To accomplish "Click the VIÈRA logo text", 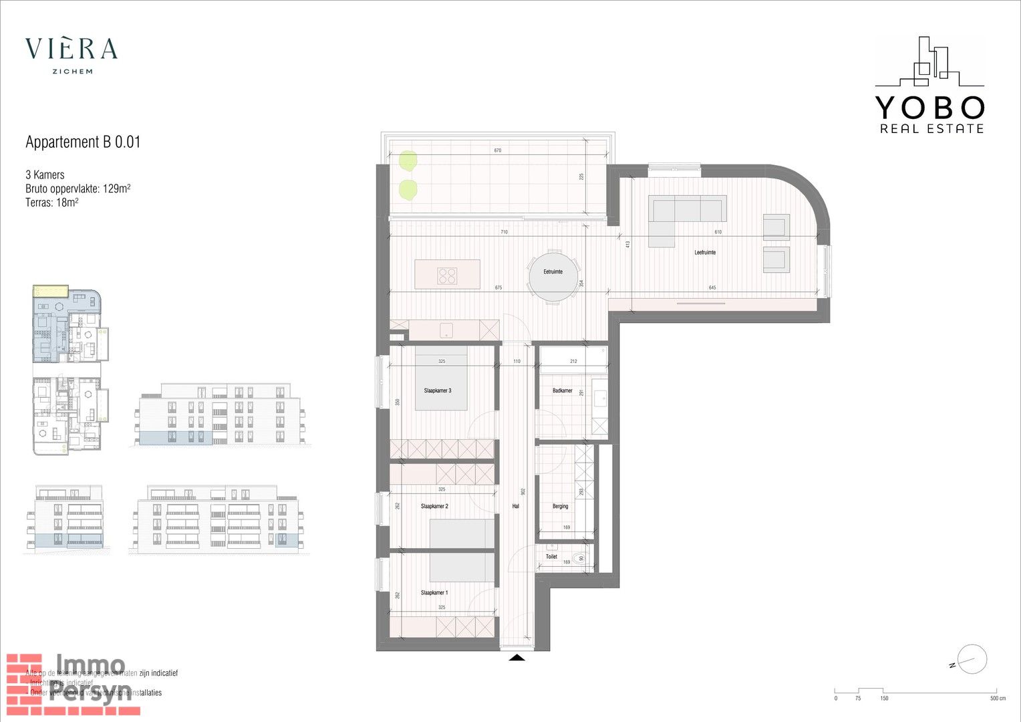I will pos(71,49).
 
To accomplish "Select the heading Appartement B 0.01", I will pos(83,142).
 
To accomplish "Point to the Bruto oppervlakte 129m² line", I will pos(78,189).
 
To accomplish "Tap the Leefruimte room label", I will pos(705,252).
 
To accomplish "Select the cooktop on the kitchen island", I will pos(447,275).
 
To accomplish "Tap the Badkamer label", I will pos(562,390).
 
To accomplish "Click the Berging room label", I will pos(560,506).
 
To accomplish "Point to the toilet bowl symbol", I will pos(579,558).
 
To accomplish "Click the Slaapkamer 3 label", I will pos(437,390).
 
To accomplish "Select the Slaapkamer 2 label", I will pos(434,506).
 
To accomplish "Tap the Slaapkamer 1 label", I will pos(434,592).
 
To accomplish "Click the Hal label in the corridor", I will pos(515,506).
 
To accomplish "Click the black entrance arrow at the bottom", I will pos(517,658).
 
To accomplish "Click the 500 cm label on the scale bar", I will pos(997,699).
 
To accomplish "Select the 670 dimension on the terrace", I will pos(497,150).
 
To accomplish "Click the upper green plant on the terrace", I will pos(408,160).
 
